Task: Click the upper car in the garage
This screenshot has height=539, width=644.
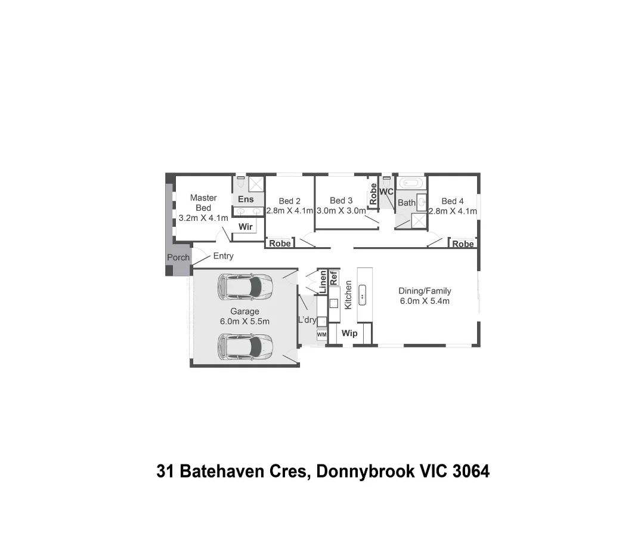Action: click(x=245, y=286)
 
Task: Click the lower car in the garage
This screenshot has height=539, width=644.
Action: click(x=245, y=347)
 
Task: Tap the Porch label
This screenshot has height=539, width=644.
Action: click(x=178, y=257)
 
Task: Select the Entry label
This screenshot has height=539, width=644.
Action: click(x=223, y=256)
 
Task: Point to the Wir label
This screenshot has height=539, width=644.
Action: click(x=245, y=227)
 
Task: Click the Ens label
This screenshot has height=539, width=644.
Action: click(x=246, y=199)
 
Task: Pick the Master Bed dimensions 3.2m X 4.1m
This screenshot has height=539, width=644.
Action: click(x=203, y=218)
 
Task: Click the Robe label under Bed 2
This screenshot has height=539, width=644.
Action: click(x=280, y=244)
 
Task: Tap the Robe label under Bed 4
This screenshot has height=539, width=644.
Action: click(x=463, y=244)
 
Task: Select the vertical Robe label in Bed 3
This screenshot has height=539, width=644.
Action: click(x=373, y=195)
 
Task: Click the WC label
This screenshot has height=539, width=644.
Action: click(x=386, y=192)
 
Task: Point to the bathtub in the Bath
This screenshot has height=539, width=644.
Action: click(x=411, y=183)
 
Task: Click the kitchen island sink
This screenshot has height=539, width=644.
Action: click(x=362, y=295)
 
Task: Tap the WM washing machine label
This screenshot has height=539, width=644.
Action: click(x=321, y=335)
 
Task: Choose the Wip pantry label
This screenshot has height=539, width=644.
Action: click(x=349, y=333)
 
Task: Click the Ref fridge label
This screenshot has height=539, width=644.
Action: click(x=334, y=278)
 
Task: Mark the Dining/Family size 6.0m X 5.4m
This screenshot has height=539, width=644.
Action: click(x=425, y=301)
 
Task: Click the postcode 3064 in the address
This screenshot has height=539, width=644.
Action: click(x=471, y=472)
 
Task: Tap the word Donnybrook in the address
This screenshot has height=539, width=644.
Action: click(x=365, y=472)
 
